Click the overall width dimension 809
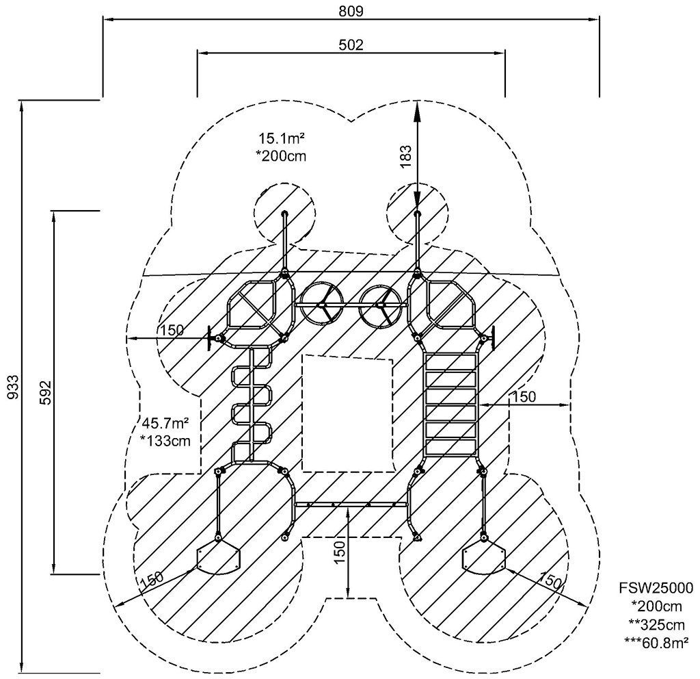(351, 11)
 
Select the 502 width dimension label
(351, 44)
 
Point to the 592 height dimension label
(45, 392)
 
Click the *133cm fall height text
(165, 441)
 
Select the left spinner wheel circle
(321, 305)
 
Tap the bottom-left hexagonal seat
(218, 557)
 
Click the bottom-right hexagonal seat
(484, 557)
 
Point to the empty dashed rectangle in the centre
(348, 413)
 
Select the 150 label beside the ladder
(524, 396)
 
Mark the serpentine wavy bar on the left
(252, 404)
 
